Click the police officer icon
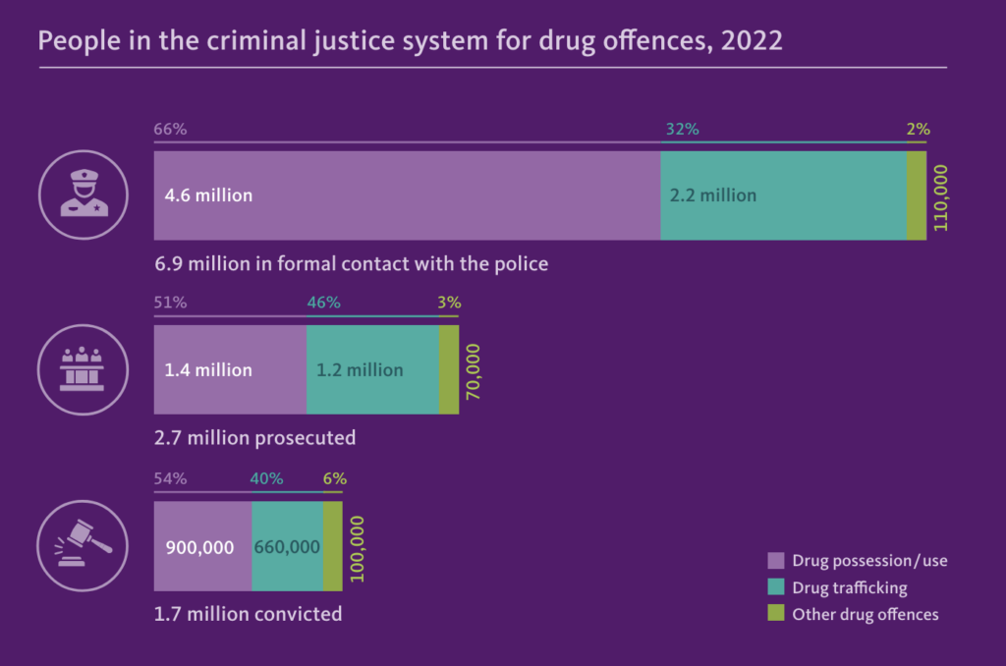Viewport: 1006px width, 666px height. click(x=84, y=195)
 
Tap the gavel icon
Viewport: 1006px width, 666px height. click(x=84, y=544)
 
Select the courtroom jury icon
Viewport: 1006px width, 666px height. click(x=84, y=369)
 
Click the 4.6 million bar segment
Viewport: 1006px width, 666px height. click(x=407, y=195)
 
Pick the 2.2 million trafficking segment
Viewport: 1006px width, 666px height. click(x=783, y=195)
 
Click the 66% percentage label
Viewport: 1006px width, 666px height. click(x=170, y=129)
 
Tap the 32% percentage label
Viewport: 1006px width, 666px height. click(x=683, y=129)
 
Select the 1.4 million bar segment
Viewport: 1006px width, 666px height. click(x=230, y=370)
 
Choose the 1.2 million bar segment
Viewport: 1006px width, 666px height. click(x=372, y=370)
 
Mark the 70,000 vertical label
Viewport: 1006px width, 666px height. click(x=473, y=371)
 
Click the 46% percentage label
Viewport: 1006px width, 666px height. click(x=323, y=303)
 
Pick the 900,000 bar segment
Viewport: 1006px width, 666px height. click(x=202, y=546)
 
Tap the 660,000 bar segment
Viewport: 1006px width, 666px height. click(x=287, y=546)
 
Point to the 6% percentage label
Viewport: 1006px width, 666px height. click(x=334, y=478)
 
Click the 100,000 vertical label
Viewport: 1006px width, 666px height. click(x=358, y=547)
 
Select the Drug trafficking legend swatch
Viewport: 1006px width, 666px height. click(x=776, y=587)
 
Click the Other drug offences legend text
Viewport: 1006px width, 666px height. click(x=866, y=614)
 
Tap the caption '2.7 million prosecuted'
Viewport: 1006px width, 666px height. click(x=254, y=437)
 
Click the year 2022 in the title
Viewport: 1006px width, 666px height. click(x=753, y=41)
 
